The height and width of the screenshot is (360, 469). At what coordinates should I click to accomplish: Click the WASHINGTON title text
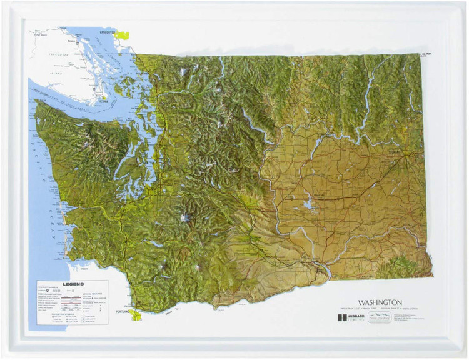pyautogui.click(x=380, y=302)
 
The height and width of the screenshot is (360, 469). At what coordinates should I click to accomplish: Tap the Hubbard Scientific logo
pyautogui.click(x=350, y=317)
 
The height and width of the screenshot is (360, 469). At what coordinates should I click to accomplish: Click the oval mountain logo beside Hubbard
pyautogui.click(x=379, y=317)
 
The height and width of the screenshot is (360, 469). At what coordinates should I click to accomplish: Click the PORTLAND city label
pyautogui.click(x=122, y=311)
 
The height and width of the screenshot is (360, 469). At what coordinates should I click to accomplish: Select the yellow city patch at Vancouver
pyautogui.click(x=123, y=36)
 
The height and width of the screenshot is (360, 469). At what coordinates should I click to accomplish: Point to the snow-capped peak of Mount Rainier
pyautogui.click(x=184, y=218)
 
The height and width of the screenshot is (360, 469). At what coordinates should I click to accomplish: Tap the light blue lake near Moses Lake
pyautogui.click(x=308, y=204)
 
